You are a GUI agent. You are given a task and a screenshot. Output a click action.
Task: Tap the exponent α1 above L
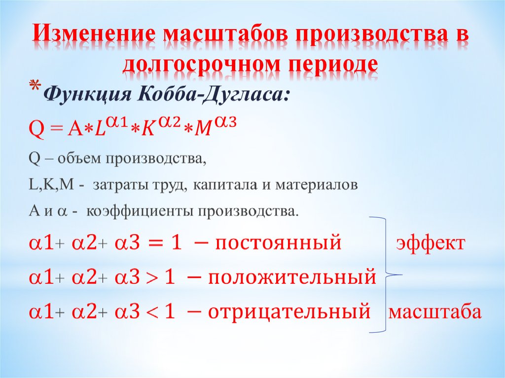pos(119,122)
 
